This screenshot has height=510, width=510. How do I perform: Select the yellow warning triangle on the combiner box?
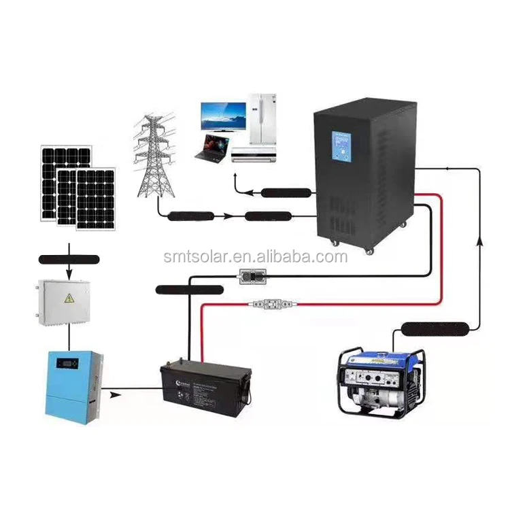point(69,299)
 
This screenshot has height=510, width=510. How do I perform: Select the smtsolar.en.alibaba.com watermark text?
point(256,257)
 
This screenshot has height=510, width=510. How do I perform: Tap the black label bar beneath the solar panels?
point(68,259)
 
